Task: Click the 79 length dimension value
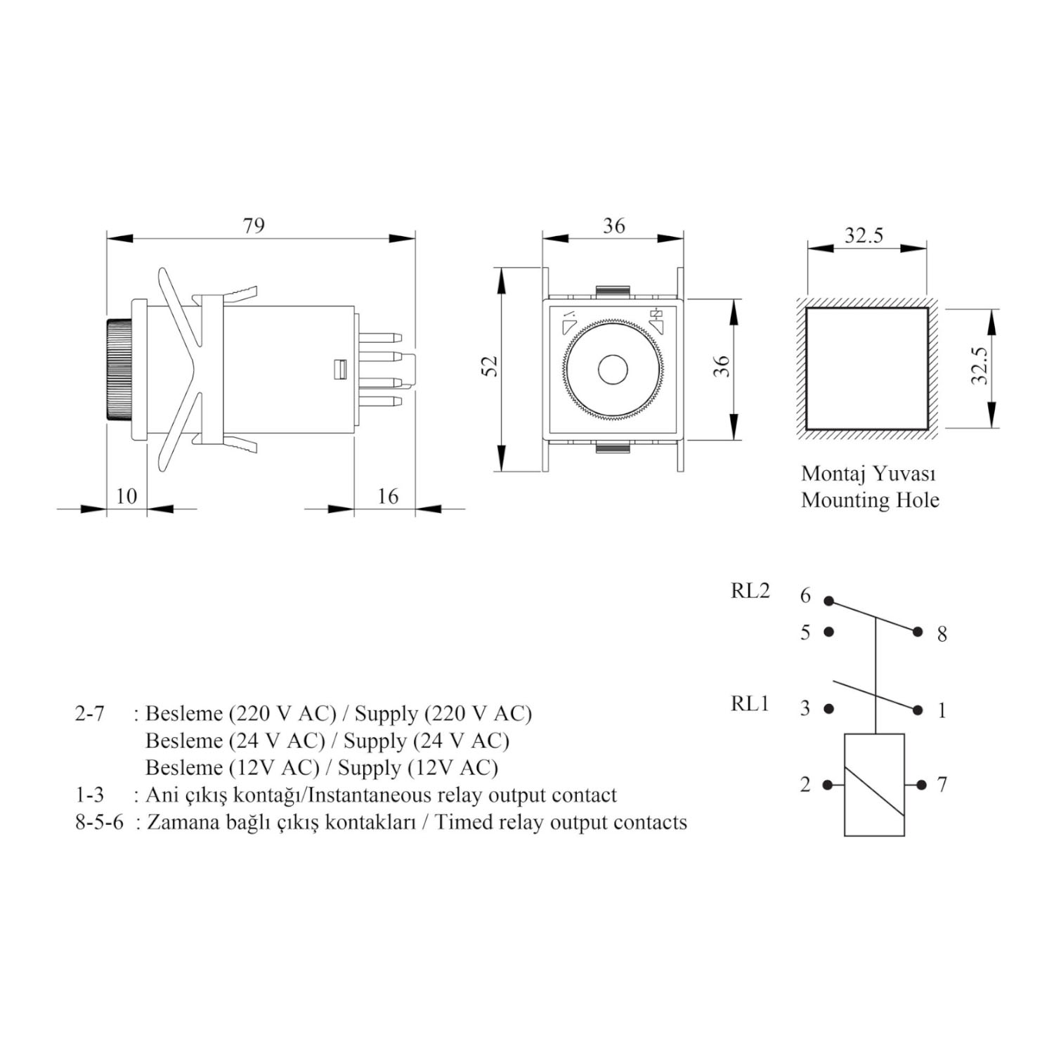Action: pos(254,226)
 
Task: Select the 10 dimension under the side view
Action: pos(126,496)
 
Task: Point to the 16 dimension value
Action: pos(387,496)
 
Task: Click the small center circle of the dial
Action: pos(612,369)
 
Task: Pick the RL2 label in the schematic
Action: pos(750,591)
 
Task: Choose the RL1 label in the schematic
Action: pos(750,703)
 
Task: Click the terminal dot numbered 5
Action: pos(829,632)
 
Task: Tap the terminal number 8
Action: pos(942,635)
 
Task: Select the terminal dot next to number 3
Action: pos(829,709)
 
